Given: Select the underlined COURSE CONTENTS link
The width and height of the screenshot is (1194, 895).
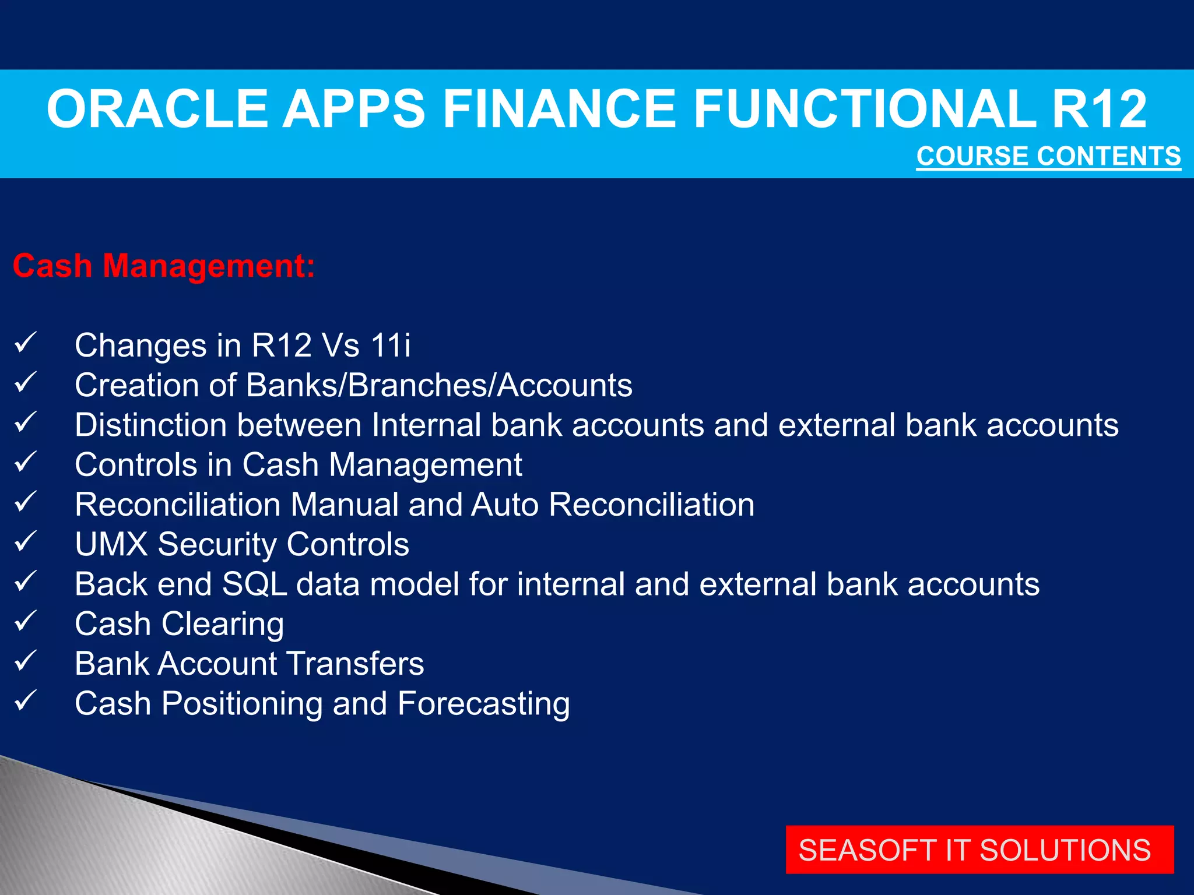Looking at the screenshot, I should pos(1048,156).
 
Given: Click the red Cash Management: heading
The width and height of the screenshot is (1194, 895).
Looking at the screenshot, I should pos(164,266).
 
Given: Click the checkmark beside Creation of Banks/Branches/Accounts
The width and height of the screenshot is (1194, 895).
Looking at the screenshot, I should pos(26,383).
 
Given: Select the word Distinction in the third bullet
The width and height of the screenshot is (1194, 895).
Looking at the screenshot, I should pos(150,425).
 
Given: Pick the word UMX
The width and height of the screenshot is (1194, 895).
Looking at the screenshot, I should pos(111,544).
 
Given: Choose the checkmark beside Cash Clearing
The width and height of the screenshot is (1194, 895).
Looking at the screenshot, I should pos(26,621).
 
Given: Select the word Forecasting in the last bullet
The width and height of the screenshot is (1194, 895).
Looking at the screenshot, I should pos(483,704).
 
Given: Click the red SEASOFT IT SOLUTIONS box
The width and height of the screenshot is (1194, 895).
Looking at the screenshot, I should pos(979,850).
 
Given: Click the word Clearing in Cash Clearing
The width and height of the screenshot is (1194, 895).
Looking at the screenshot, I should pos(223,624).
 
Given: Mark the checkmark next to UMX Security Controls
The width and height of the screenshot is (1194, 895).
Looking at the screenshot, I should pos(26,542).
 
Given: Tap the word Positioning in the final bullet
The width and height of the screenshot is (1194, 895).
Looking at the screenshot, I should pos(242,704).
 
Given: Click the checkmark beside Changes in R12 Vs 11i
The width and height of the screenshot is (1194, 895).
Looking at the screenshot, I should pos(26,343).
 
